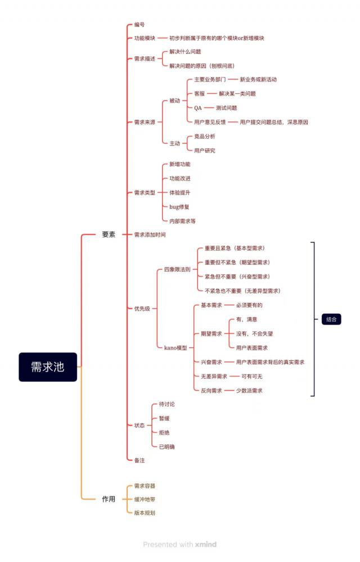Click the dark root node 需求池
click(x=47, y=367)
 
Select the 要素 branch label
click(x=109, y=234)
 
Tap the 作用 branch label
click(x=109, y=499)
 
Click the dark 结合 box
click(x=331, y=319)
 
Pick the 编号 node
click(x=139, y=25)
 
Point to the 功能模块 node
click(x=145, y=38)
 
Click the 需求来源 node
click(x=145, y=122)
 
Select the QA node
click(x=198, y=108)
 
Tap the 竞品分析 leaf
click(x=204, y=136)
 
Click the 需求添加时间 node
click(x=150, y=234)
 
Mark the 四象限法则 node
click(x=177, y=270)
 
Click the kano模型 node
click(x=175, y=348)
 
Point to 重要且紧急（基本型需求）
click(x=235, y=248)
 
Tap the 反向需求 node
click(x=211, y=391)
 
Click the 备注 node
click(x=139, y=460)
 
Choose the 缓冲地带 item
click(x=145, y=499)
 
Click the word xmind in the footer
click(x=205, y=545)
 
